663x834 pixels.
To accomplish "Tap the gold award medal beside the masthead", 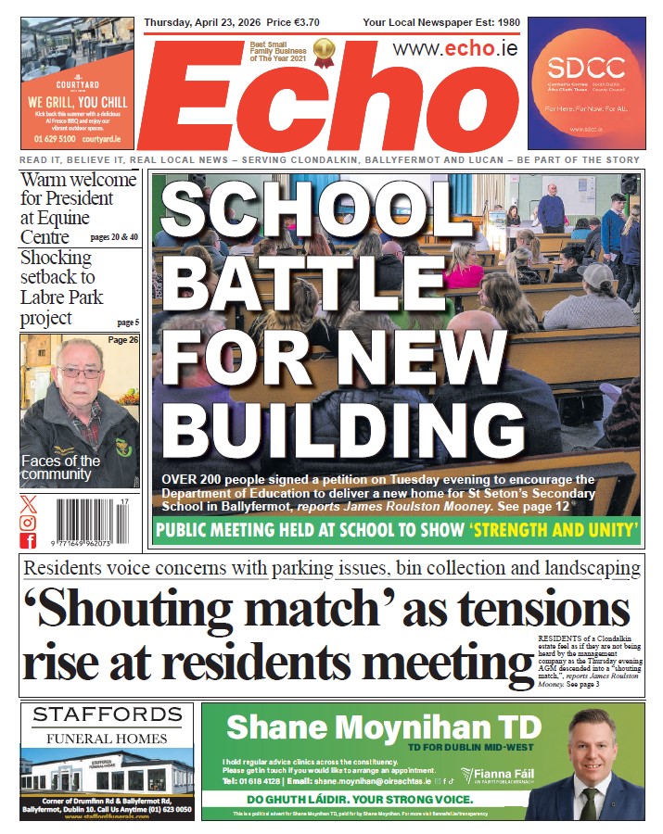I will click(x=324, y=52).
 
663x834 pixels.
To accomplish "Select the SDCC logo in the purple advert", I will click(x=585, y=67).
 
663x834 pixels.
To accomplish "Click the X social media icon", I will click(x=29, y=504).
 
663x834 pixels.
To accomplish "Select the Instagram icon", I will click(x=29, y=523).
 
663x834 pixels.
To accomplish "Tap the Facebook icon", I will click(x=29, y=541).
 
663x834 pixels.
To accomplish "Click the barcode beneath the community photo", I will click(x=90, y=522).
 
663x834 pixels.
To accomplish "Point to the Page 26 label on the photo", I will click(x=122, y=340).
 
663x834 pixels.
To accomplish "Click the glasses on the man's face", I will click(x=80, y=372).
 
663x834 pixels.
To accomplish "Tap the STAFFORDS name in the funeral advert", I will click(x=107, y=714).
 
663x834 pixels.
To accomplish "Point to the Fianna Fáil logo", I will click(x=500, y=776).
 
